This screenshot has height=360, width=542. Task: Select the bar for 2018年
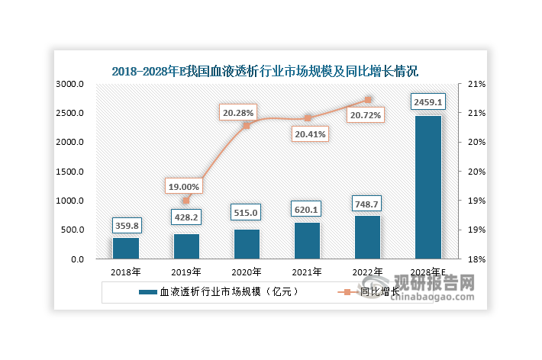pyautogui.click(x=126, y=249)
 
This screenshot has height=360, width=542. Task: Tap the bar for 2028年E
pyautogui.click(x=427, y=188)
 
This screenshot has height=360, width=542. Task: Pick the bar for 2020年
pyautogui.click(x=247, y=244)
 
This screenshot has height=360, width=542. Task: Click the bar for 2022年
pyautogui.click(x=367, y=237)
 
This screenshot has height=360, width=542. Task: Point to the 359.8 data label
pyautogui.click(x=126, y=225)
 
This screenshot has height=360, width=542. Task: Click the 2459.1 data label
pyautogui.click(x=427, y=101)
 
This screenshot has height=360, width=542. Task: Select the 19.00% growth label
pyautogui.click(x=183, y=185)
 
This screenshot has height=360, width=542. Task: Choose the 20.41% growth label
pyautogui.click(x=308, y=133)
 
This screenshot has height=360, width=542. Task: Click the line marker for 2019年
pyautogui.click(x=186, y=201)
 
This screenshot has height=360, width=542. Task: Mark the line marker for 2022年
pyautogui.click(x=367, y=100)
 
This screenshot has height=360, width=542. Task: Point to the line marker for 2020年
pyautogui.click(x=247, y=125)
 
